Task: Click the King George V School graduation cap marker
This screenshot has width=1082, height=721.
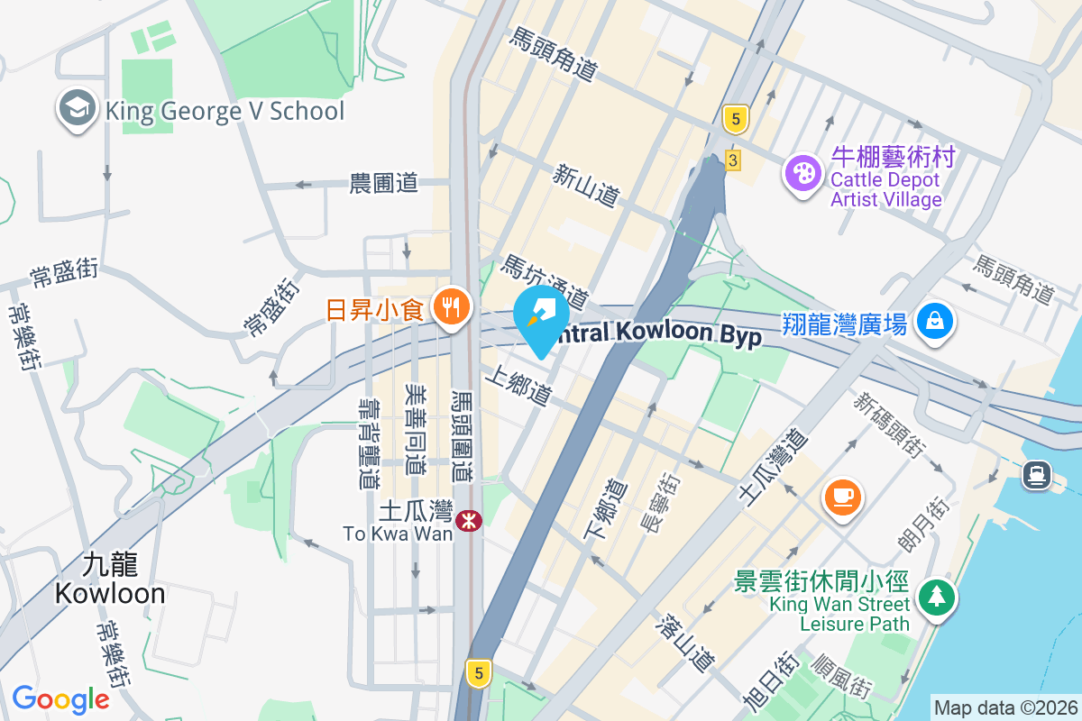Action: [x=78, y=110]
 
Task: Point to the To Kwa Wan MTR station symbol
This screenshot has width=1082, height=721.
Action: [x=468, y=520]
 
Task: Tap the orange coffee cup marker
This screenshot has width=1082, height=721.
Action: [x=843, y=497]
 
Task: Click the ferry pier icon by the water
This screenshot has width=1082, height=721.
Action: [x=1036, y=474]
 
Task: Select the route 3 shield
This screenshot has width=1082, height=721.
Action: [x=732, y=160]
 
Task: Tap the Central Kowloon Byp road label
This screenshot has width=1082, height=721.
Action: [x=658, y=334]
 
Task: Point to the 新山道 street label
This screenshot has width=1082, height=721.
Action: [x=587, y=184]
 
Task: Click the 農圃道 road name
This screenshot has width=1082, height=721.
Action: [x=384, y=183]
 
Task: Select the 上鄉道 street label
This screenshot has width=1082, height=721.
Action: [x=518, y=385]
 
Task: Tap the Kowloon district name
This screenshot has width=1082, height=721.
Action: [x=110, y=580]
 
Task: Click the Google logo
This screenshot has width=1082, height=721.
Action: [x=60, y=699]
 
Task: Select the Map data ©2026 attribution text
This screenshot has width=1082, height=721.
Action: [x=1005, y=707]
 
